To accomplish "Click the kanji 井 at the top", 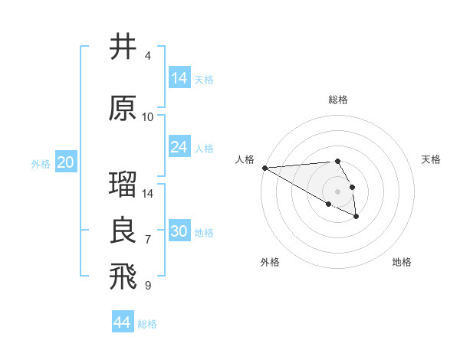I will tap(123, 47).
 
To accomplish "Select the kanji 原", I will tap(123, 108).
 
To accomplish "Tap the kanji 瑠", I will tap(123, 185).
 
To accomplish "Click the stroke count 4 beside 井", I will tap(147, 56).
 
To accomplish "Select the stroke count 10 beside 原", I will tap(148, 117).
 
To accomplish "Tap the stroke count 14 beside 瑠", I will tap(148, 194).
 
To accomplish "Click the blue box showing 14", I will tap(179, 78).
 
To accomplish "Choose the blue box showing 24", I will tap(179, 147).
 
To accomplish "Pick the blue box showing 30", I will tap(179, 231).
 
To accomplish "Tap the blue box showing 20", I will tap(66, 162).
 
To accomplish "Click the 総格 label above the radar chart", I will tap(338, 100).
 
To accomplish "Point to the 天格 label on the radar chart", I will tap(431, 159).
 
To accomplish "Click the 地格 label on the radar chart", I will tap(402, 262).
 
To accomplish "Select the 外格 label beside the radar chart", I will tap(270, 262).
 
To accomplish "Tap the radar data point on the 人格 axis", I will tap(264, 168).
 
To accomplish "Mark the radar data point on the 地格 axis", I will tap(356, 217).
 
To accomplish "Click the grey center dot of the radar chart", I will tap(338, 191).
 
